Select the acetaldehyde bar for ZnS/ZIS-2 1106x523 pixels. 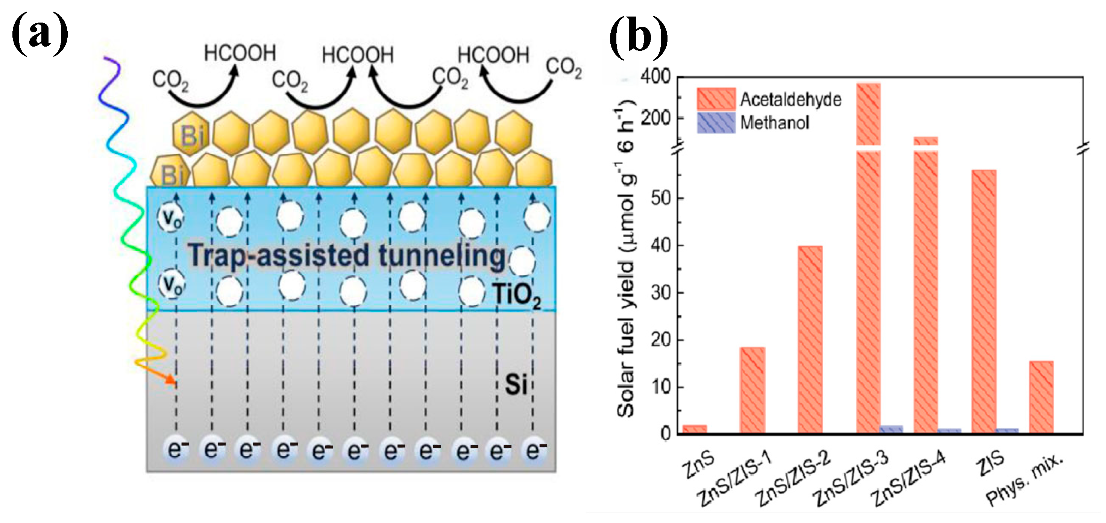pos(810,339)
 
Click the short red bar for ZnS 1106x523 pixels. pos(695,429)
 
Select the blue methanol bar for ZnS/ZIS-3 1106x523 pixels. pos(891,429)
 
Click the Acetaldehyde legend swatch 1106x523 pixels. pos(716,99)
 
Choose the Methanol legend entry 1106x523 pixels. pos(774,123)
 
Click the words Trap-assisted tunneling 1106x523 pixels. pos(346,256)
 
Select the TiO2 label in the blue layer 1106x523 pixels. pos(517,296)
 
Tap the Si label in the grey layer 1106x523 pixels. pos(515,384)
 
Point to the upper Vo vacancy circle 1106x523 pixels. pos(171,218)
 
